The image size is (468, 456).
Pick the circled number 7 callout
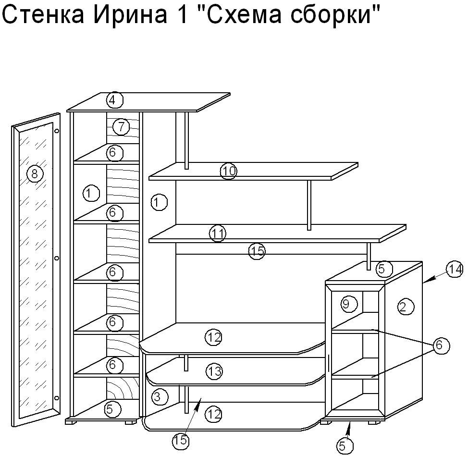121,127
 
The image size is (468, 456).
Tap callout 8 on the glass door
35,173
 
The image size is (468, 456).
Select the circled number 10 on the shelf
229,171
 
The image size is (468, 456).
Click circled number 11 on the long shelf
218,234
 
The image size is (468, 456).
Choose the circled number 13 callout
214,371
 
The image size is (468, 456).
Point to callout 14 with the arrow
455,270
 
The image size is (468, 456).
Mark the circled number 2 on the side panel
406,307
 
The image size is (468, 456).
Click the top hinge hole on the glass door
57,131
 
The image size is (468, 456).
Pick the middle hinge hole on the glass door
57,258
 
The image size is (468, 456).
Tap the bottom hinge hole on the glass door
57,398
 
